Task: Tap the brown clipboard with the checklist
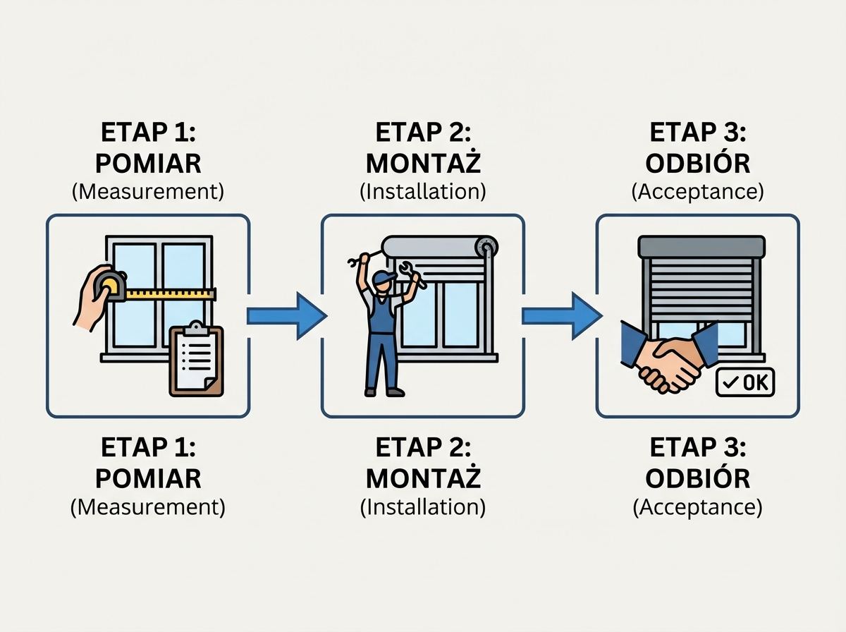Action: click(x=196, y=362)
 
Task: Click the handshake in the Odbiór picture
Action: click(x=663, y=359)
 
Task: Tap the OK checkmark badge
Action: click(x=744, y=383)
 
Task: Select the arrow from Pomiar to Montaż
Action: click(x=286, y=315)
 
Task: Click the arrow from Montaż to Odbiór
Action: click(x=560, y=315)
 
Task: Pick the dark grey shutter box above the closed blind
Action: click(x=701, y=247)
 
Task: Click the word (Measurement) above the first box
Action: click(x=148, y=193)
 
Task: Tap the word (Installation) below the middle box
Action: click(x=423, y=507)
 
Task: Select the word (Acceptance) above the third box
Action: click(x=698, y=193)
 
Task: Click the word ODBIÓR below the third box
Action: click(x=698, y=478)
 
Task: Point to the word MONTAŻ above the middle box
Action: click(x=423, y=164)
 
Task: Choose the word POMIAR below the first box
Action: click(x=148, y=478)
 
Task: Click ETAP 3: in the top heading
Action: click(x=698, y=133)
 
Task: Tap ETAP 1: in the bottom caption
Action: click(x=148, y=448)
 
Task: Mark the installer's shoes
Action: click(x=384, y=391)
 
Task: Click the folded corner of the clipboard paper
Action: click(x=209, y=382)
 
